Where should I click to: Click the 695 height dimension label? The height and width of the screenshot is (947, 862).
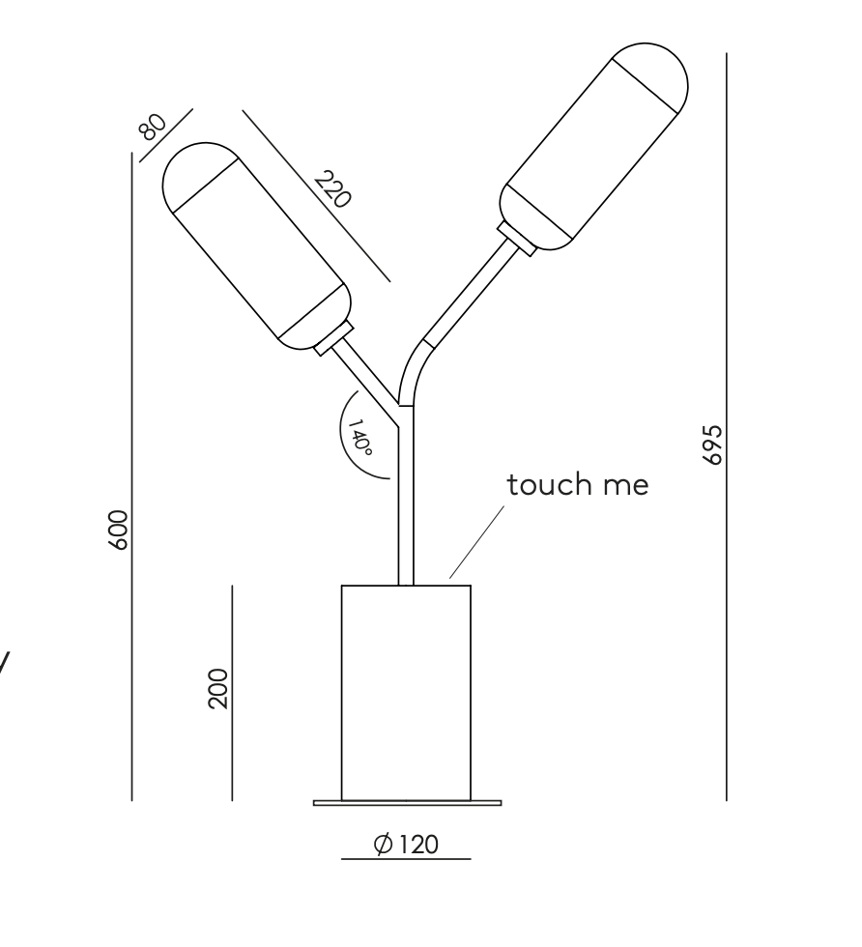(x=713, y=445)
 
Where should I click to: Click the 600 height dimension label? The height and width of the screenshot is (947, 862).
(x=119, y=531)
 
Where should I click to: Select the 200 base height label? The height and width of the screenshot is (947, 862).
(x=218, y=688)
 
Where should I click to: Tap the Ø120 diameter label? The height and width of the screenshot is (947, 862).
(x=406, y=844)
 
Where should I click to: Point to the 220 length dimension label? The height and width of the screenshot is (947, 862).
(x=332, y=189)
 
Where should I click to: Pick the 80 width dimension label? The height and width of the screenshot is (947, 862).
(x=153, y=127)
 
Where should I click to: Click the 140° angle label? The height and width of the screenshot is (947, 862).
(x=360, y=437)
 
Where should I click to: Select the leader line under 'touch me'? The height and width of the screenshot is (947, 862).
(x=476, y=542)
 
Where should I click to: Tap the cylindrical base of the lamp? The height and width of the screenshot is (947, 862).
(x=406, y=693)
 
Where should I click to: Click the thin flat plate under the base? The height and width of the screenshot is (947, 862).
(x=407, y=803)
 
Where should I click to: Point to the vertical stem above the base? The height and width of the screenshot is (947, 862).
(x=406, y=495)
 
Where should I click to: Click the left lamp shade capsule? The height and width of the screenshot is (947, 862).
(x=257, y=246)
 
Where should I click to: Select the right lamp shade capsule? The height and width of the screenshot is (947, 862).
(x=593, y=146)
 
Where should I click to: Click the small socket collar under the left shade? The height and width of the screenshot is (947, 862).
(x=333, y=339)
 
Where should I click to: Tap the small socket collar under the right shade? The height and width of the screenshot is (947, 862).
(x=517, y=239)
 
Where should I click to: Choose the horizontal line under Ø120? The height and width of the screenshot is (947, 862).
(x=406, y=859)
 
